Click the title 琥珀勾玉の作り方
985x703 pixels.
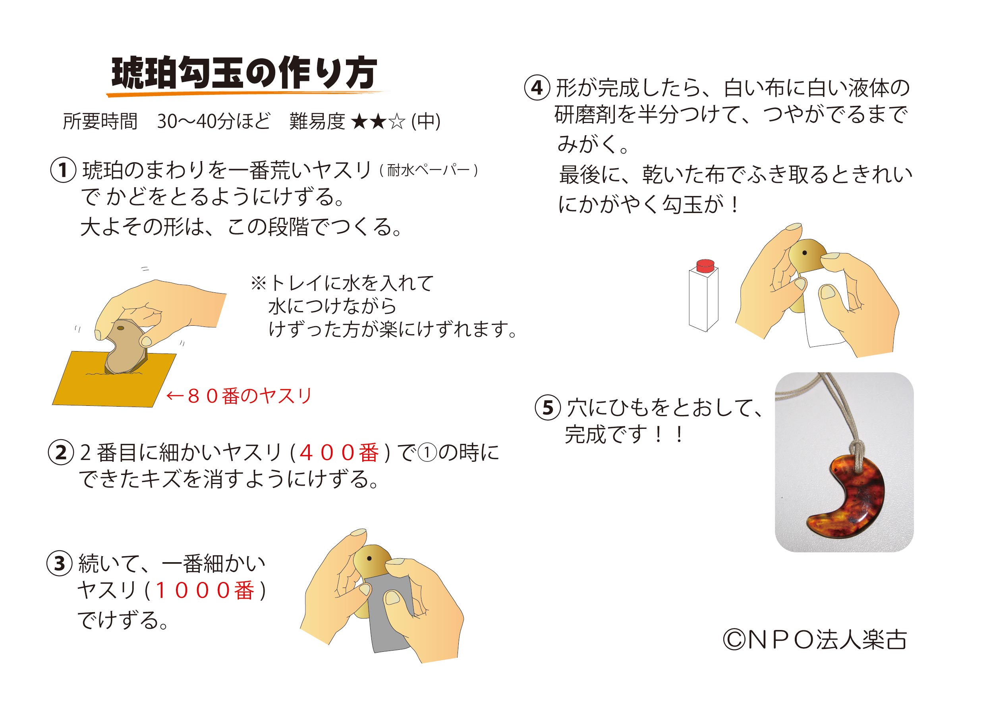coord(243,73)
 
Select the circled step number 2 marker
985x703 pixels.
coord(61,453)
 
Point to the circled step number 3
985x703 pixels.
coord(59,564)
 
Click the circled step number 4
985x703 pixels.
coord(537,88)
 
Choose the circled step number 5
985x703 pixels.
coord(548,408)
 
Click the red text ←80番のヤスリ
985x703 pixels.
coord(239,396)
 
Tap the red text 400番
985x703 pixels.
coord(339,453)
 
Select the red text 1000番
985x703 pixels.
coord(204,590)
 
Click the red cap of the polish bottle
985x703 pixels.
coord(705,265)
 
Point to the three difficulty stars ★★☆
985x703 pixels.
coord(379,122)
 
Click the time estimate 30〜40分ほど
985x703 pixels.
coord(214,121)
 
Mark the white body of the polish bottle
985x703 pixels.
coord(703,301)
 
